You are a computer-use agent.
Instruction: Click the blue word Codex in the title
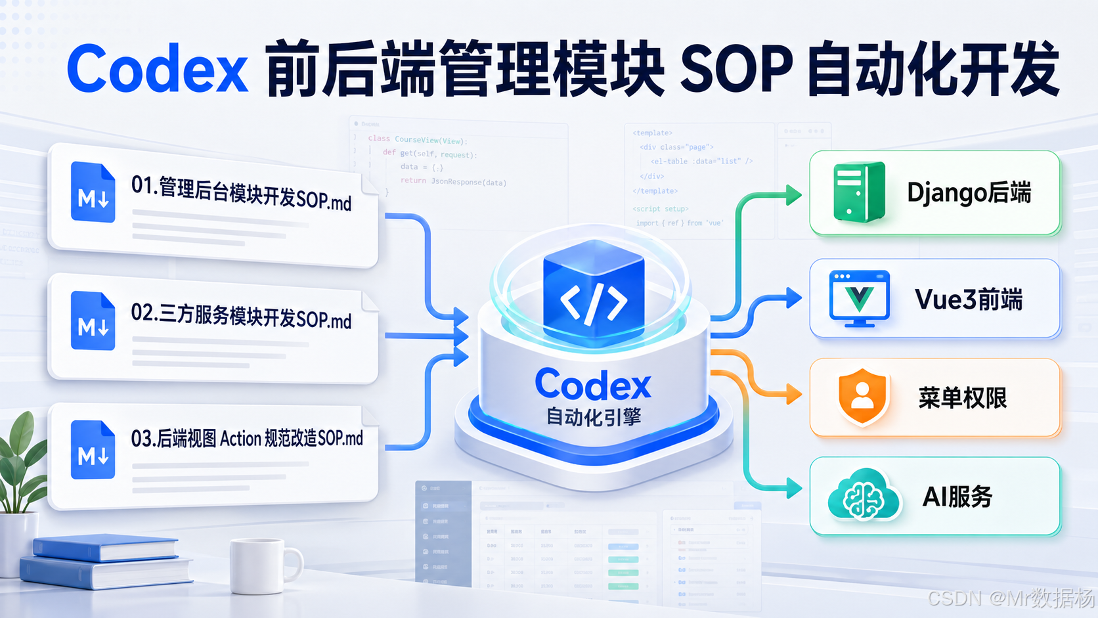(158, 69)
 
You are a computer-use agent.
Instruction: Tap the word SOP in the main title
(736, 69)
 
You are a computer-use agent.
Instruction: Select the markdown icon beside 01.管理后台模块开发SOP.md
(93, 192)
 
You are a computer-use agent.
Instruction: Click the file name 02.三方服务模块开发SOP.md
(241, 316)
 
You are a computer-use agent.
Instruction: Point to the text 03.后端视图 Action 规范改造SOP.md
(247, 438)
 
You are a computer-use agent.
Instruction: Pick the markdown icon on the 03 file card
(93, 449)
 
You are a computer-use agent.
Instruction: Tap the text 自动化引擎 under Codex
(594, 417)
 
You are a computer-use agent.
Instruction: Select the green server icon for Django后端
(858, 192)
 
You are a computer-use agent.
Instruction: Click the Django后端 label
(969, 193)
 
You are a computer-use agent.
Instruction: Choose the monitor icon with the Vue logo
(860, 298)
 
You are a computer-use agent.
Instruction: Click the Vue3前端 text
(969, 299)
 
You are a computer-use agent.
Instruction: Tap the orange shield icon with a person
(862, 397)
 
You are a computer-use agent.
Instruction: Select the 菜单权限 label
(962, 398)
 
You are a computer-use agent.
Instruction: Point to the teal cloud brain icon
(864, 497)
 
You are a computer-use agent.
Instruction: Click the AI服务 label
(957, 497)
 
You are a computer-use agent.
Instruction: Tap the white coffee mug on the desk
(261, 565)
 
